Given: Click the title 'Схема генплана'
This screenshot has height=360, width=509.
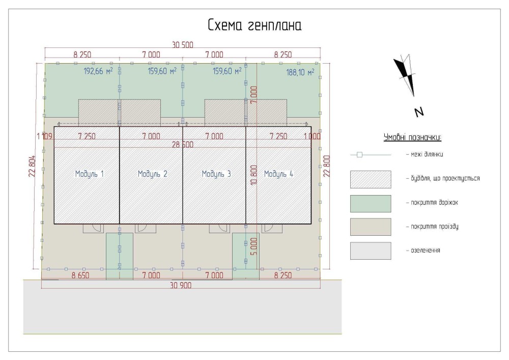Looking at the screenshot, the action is pos(254,25).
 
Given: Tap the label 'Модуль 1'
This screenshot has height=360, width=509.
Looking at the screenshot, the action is pos(89,174).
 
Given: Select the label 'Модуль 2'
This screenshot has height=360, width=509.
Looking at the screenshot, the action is pos(153,174).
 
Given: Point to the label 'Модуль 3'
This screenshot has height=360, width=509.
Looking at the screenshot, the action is pos(216,174).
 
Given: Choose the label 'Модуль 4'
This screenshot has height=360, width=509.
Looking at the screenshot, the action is pos(278,174).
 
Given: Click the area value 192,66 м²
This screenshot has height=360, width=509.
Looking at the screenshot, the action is pos(98,71).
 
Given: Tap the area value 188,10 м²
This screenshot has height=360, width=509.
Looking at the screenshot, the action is pos(300,72).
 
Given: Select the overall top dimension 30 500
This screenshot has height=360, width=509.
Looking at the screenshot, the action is pos(182,45).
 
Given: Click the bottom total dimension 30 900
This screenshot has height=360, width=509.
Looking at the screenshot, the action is pos(181,285).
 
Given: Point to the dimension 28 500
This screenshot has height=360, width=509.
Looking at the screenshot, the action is pos(182,145).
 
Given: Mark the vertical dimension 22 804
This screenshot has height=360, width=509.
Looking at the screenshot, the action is pos(32,166).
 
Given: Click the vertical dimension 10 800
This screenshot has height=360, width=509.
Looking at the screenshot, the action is pos(254,175).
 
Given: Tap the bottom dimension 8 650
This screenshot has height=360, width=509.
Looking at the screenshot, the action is pos(80,275).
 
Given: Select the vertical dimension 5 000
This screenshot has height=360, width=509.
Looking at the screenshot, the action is pos(254,246).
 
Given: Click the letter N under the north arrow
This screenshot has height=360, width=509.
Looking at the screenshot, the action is pos(419,113).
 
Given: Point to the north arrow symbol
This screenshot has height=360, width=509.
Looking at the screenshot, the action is pos(406,75).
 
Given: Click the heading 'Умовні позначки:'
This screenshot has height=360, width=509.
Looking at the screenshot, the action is pos(412,137).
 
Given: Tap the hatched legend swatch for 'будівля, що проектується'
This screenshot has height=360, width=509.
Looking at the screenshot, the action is pos(371,180).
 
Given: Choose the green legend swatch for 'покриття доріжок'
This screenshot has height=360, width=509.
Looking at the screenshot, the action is pos(371,204).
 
